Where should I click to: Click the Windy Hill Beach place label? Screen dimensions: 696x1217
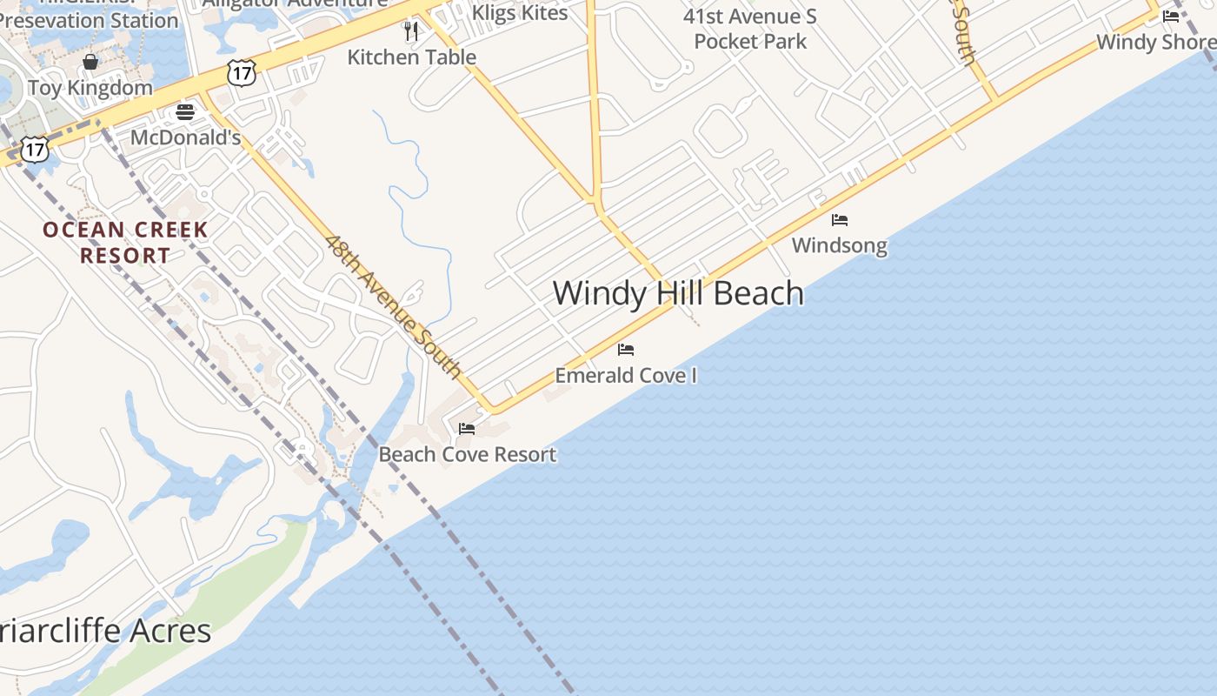click(678, 293)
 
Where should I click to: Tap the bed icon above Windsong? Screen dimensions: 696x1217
click(840, 220)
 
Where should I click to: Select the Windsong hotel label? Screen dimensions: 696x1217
click(840, 245)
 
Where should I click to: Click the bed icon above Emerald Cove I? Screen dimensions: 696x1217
click(626, 350)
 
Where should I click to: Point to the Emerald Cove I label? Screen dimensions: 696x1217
click(626, 376)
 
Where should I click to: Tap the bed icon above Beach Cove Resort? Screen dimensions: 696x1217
click(467, 429)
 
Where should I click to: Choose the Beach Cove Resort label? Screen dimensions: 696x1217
click(468, 454)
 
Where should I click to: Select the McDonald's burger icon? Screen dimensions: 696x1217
click(185, 111)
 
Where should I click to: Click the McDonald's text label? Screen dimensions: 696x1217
click(185, 137)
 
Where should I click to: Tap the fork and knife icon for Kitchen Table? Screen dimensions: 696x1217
click(411, 31)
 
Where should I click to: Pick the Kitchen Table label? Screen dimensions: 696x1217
click(411, 57)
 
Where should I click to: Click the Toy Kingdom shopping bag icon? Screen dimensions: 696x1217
click(90, 62)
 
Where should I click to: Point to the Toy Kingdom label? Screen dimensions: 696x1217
click(90, 88)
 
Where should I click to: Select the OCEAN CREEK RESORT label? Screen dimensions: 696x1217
click(126, 243)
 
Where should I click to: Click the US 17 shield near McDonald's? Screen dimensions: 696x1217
click(242, 73)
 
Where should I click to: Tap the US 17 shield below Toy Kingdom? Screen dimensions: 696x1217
click(34, 149)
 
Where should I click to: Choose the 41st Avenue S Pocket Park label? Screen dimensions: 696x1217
click(750, 29)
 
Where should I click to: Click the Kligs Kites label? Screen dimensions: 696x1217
click(520, 12)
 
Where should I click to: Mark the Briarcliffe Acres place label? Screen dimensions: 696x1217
click(105, 631)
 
